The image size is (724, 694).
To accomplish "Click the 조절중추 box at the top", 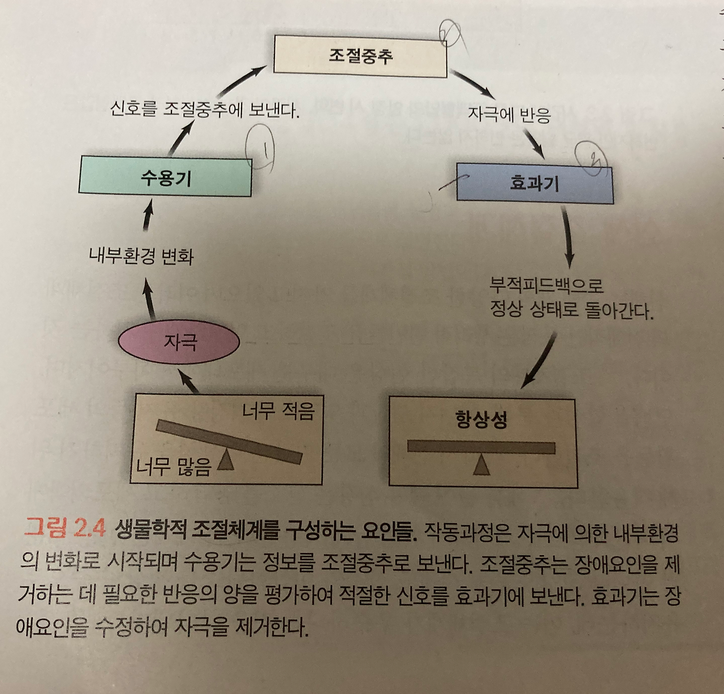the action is (x=360, y=56).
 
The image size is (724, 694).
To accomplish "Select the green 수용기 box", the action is (x=165, y=176).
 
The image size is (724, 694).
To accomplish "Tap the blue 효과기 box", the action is (x=535, y=183).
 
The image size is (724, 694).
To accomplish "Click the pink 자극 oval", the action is (x=179, y=342).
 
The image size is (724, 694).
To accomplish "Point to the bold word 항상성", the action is (x=481, y=420).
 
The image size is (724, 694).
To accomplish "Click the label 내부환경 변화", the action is (x=141, y=256).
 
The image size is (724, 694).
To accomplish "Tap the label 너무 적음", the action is (x=278, y=412).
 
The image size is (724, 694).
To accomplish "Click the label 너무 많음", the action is (x=174, y=466).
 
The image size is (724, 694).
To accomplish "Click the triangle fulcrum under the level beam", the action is (x=481, y=465).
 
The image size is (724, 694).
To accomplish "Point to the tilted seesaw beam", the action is (x=229, y=442).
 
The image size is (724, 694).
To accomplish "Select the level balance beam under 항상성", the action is (x=481, y=447).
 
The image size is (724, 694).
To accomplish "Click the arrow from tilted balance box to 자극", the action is (x=188, y=381).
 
